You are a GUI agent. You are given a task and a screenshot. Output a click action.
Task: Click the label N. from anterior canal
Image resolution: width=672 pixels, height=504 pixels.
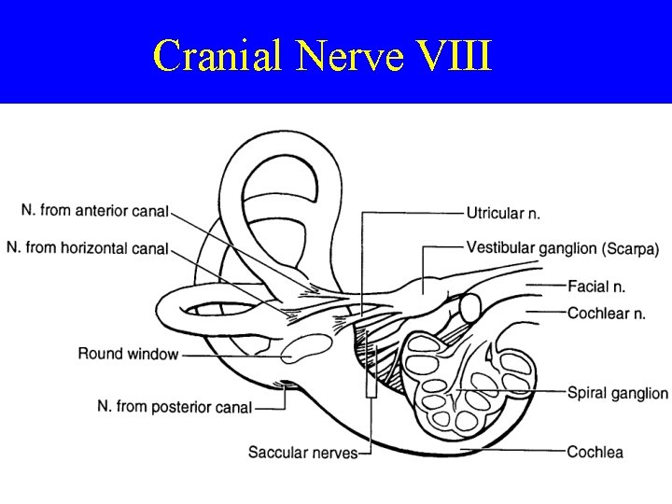pos(93,211)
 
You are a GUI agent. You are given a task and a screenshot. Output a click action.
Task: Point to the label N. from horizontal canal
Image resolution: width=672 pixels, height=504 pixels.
pos(87,247)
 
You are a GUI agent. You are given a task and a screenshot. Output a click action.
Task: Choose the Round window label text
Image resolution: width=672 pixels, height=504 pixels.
pos(127,354)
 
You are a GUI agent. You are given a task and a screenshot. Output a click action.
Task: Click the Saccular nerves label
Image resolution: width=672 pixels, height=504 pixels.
pos(302,453)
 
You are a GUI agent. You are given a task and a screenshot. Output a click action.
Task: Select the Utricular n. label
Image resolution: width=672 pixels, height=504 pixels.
pos(503,213)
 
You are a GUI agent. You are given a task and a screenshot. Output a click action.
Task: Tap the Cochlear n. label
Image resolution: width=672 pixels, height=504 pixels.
pos(606,314)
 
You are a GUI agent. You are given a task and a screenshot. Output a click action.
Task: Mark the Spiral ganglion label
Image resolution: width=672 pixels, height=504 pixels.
pos(617,393)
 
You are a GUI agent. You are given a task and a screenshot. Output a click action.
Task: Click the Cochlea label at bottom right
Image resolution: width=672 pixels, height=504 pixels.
pos(595,452)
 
